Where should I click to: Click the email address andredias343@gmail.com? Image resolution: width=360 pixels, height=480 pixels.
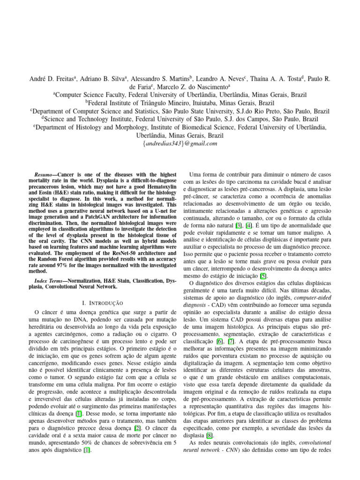tap(180, 144)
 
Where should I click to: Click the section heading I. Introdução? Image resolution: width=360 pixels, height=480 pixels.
tap(102, 303)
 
